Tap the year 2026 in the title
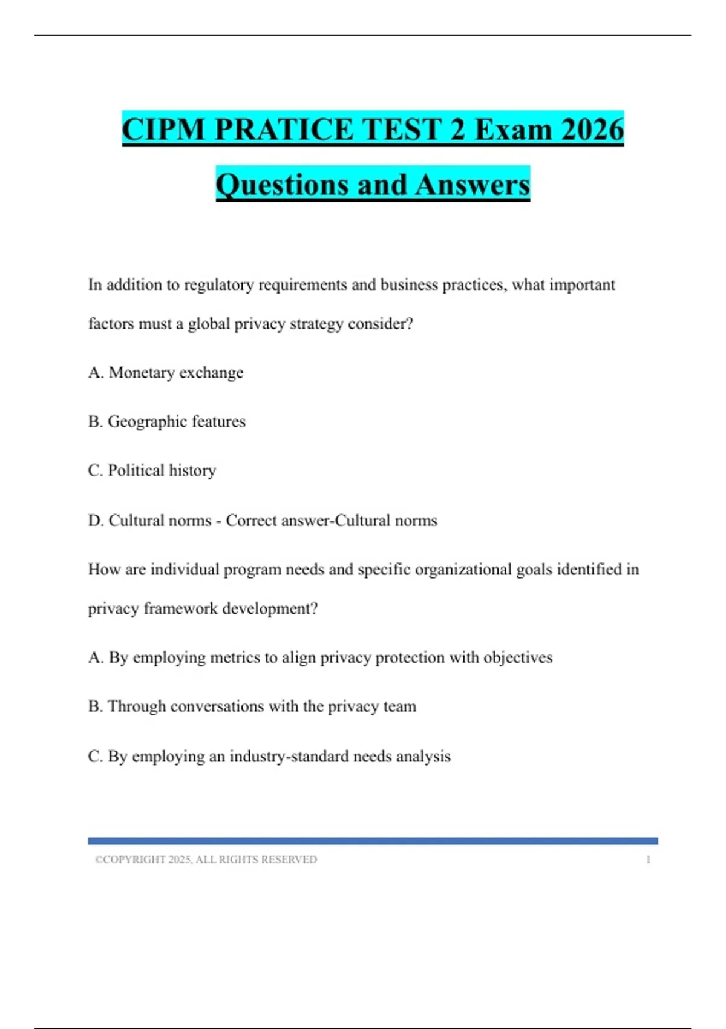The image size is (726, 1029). [592, 130]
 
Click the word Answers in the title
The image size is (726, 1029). [473, 185]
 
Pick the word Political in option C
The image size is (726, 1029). [136, 470]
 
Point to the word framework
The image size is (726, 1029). [180, 608]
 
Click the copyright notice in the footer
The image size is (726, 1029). [206, 860]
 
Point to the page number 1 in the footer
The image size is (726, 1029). [648, 860]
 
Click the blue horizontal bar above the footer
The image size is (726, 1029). [373, 841]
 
